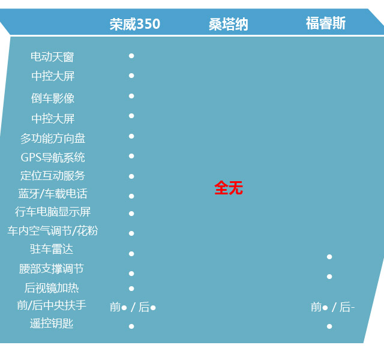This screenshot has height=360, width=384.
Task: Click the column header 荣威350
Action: tap(135, 24)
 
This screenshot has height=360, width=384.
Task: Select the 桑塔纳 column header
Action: tap(228, 24)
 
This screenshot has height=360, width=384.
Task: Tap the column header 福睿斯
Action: tap(325, 23)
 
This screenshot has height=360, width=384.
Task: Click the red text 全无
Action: tap(229, 188)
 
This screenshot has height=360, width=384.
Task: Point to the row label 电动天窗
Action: tap(52, 57)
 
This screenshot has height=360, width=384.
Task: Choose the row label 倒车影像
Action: tap(53, 98)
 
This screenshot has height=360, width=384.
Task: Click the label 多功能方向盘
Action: tap(53, 139)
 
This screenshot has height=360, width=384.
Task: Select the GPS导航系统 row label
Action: tap(53, 158)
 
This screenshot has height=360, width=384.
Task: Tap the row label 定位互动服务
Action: tap(53, 176)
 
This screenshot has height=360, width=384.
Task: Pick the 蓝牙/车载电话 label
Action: tap(53, 194)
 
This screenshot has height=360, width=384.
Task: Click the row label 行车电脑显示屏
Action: tap(53, 212)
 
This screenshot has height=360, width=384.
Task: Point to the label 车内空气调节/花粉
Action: tap(53, 231)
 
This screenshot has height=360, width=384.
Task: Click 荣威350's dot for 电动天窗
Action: tap(131, 56)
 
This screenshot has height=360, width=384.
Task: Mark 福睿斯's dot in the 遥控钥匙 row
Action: tap(329, 326)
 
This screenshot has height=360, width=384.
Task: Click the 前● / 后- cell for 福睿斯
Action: tap(332, 307)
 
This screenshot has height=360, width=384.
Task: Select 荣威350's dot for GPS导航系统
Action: tap(131, 156)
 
